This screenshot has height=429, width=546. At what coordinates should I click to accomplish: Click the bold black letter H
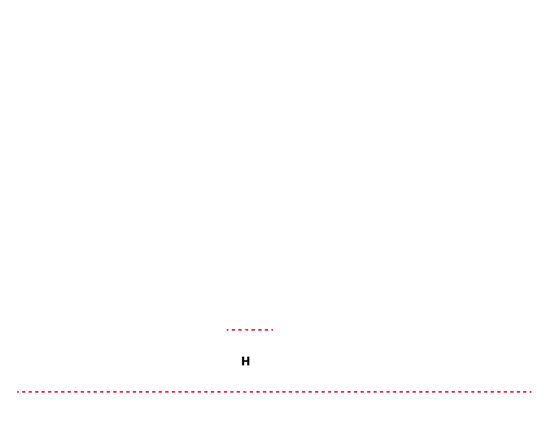[x=245, y=361]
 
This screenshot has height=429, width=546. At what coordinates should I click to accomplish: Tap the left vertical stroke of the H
[x=242, y=361]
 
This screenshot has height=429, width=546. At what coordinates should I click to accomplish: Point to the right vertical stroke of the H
[x=248, y=361]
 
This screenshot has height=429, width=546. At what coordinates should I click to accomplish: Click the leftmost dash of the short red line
[x=227, y=330]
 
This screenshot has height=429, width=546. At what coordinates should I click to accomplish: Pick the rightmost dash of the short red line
[x=272, y=330]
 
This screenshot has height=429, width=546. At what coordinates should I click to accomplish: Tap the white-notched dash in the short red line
[x=247, y=330]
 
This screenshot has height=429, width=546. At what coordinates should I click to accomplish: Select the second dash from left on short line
[x=233, y=330]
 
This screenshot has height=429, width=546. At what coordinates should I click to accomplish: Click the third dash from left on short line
[x=240, y=330]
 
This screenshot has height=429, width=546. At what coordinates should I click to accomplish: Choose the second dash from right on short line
[x=266, y=330]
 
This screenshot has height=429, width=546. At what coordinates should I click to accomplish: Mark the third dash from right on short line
[x=260, y=330]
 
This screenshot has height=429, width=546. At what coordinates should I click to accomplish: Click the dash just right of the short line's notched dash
[x=253, y=330]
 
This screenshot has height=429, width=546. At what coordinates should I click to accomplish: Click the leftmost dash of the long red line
[x=18, y=392]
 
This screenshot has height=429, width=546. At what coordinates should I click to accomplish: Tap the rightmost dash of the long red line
[x=530, y=392]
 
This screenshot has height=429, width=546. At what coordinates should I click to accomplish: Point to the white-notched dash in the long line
[x=245, y=392]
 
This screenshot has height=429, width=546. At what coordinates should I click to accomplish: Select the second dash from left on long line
[x=24, y=392]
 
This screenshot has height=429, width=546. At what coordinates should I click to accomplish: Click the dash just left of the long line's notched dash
[x=238, y=392]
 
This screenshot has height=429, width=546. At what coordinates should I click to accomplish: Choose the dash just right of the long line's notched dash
[x=251, y=392]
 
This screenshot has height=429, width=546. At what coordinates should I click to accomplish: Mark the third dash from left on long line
[x=30, y=392]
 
